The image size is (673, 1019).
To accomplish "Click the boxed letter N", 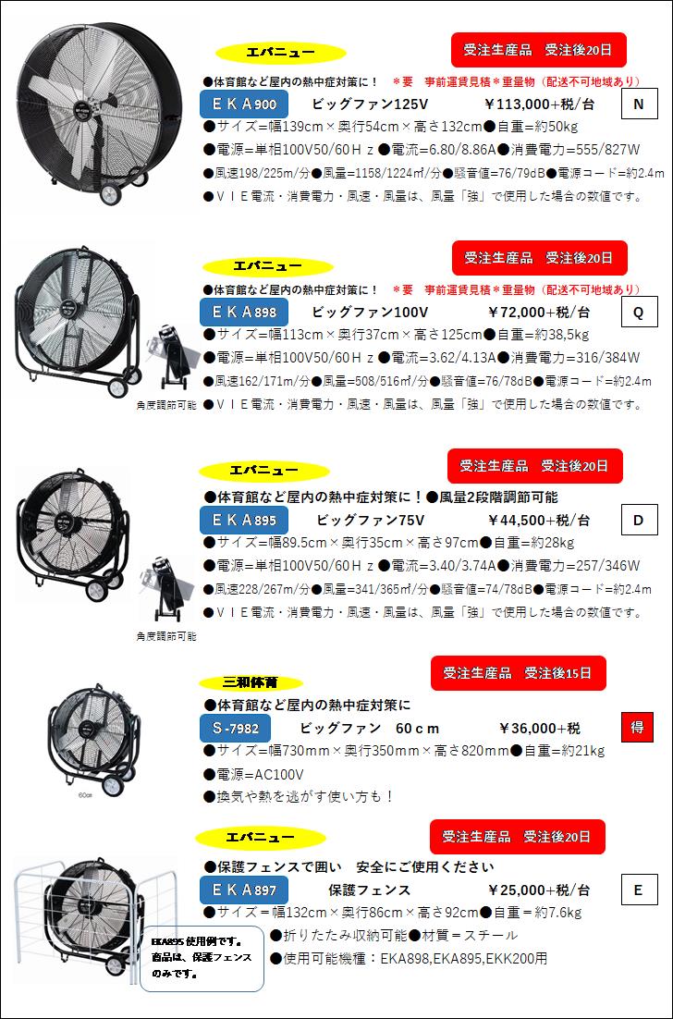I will (638, 104).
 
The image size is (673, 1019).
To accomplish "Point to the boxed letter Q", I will (638, 313).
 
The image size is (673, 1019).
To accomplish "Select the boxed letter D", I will (638, 521).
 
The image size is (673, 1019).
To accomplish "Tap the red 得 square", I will (637, 728).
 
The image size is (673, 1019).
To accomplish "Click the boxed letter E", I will (638, 890).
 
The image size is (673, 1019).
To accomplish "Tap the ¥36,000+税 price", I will (540, 728).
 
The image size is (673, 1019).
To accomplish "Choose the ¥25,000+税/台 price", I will (538, 890).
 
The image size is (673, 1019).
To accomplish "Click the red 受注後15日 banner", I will (518, 672).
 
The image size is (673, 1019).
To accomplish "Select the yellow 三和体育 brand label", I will (250, 683).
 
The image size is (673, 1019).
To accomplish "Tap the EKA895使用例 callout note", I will (202, 956).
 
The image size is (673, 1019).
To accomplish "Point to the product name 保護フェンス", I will (369, 890).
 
